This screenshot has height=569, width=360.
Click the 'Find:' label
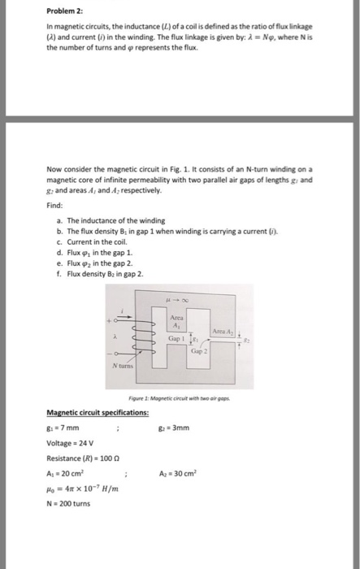tap(55, 206)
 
